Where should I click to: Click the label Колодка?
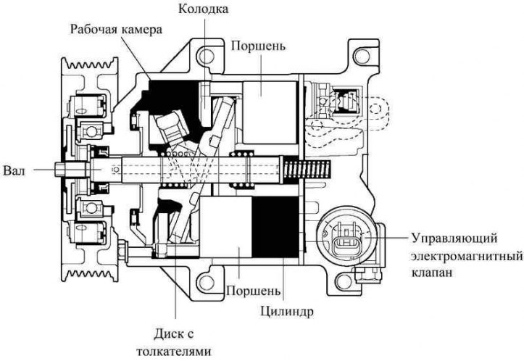[203, 9]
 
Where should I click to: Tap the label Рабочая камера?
[116, 29]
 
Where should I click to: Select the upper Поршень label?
[258, 46]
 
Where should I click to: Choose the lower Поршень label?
[254, 291]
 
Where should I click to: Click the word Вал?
[14, 171]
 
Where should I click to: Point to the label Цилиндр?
[287, 312]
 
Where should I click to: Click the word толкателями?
[174, 352]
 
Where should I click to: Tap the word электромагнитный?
[467, 257]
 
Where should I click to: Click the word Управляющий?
[454, 239]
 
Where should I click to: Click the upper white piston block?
[270, 112]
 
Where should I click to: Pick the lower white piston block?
[225, 227]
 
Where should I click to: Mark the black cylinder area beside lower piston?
[275, 227]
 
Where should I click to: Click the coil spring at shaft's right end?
[307, 169]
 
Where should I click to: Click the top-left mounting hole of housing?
[205, 56]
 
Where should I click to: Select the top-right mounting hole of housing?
[362, 56]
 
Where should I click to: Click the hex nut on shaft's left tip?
[59, 170]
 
